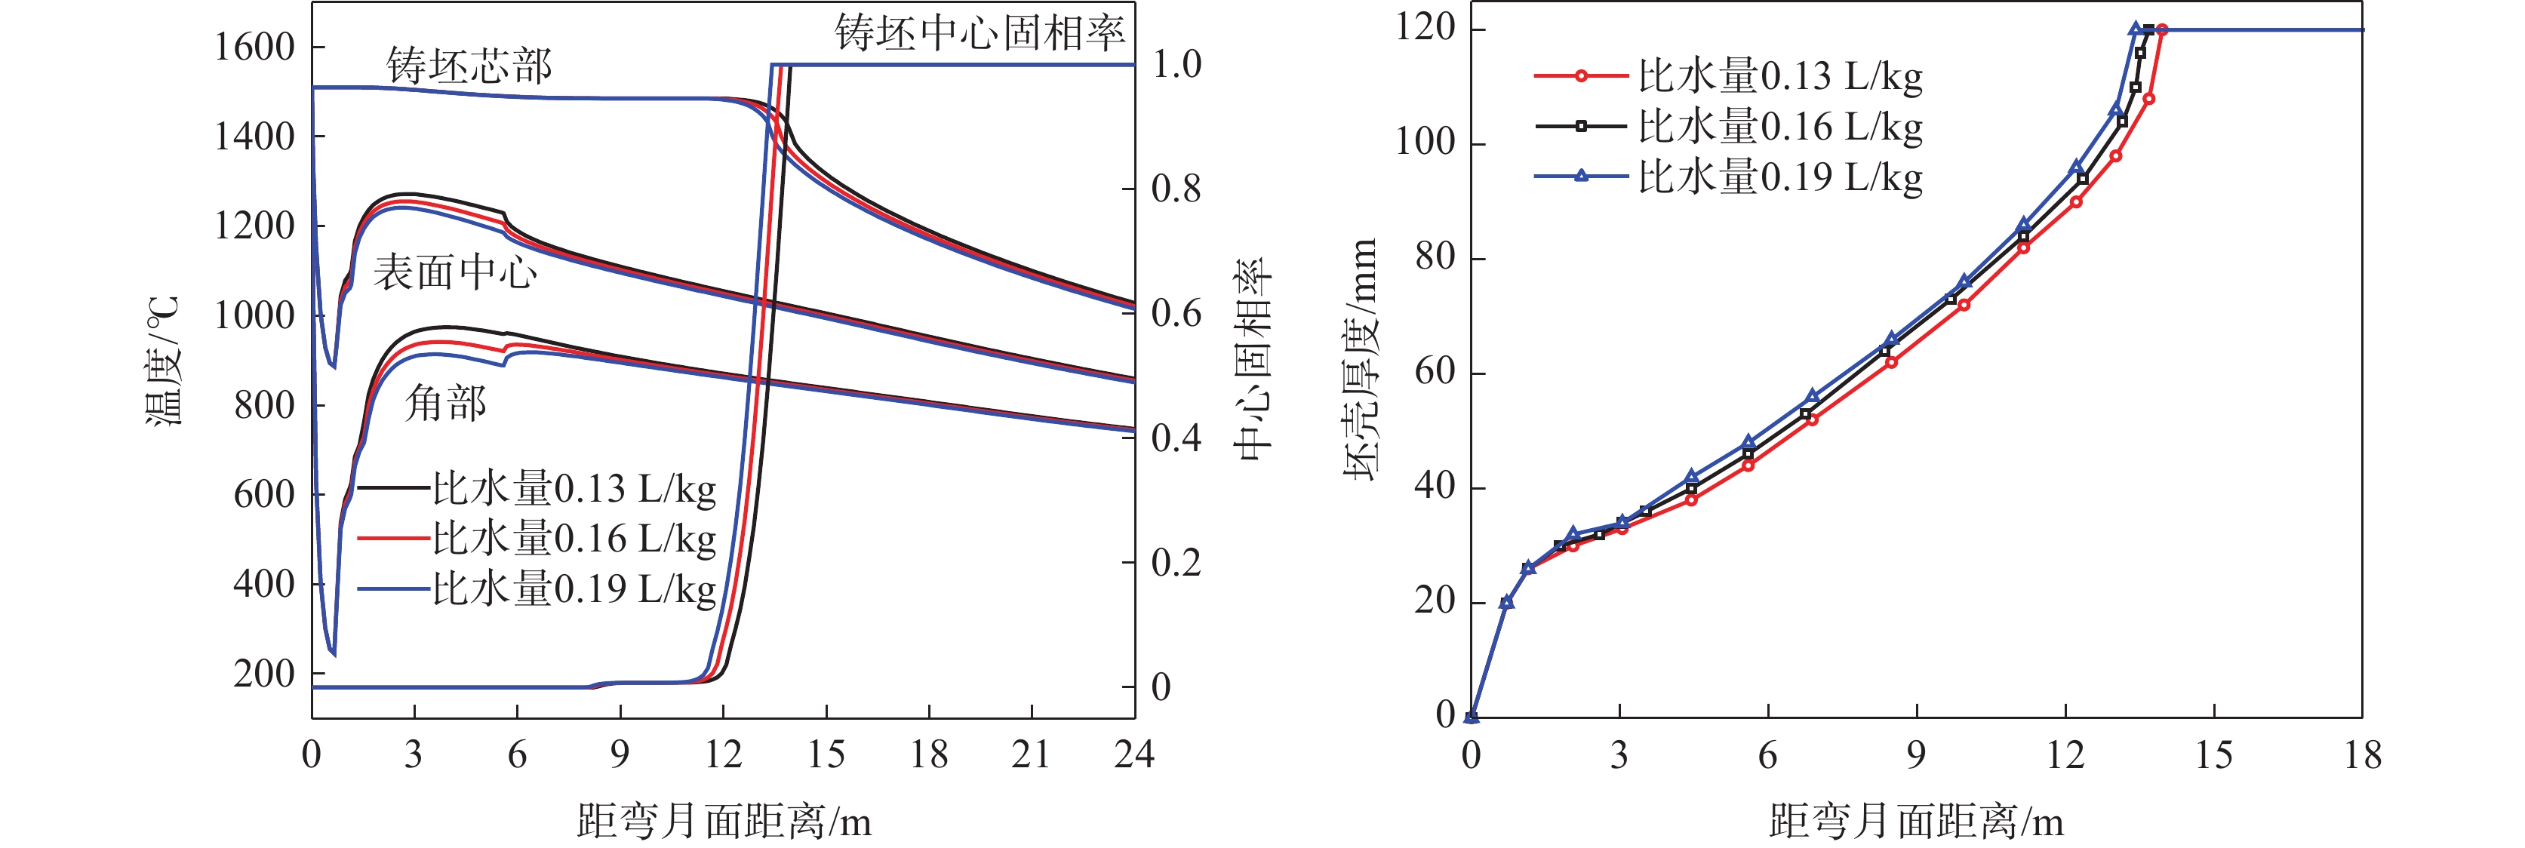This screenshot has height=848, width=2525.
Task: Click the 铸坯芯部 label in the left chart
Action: tap(469, 66)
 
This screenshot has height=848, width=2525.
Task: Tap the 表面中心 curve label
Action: tap(455, 272)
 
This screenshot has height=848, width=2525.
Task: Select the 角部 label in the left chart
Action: tap(446, 403)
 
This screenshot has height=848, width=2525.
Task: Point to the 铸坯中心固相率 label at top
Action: tap(980, 33)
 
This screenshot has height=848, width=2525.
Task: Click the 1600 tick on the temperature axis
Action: tap(255, 47)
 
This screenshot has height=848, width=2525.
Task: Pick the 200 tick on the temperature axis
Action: tap(263, 674)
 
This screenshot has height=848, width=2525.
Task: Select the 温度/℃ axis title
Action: tap(164, 361)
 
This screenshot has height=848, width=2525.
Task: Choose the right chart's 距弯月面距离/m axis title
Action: tap(1915, 822)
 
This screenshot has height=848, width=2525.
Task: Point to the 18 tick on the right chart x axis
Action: tap(2362, 755)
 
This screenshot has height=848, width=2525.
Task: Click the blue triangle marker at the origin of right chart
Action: tap(1472, 717)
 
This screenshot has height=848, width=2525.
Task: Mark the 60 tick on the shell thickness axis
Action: tap(1435, 373)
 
